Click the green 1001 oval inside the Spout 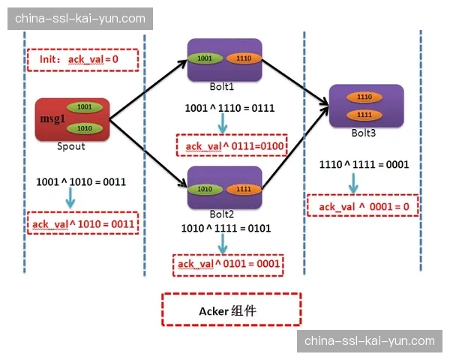84,107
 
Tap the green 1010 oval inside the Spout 84,128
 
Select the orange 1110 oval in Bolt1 242,58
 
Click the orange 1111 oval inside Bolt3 365,114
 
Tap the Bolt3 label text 366,133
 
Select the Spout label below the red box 71,146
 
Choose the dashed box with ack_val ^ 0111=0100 231,145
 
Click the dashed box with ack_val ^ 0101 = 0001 229,263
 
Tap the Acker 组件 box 231,309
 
